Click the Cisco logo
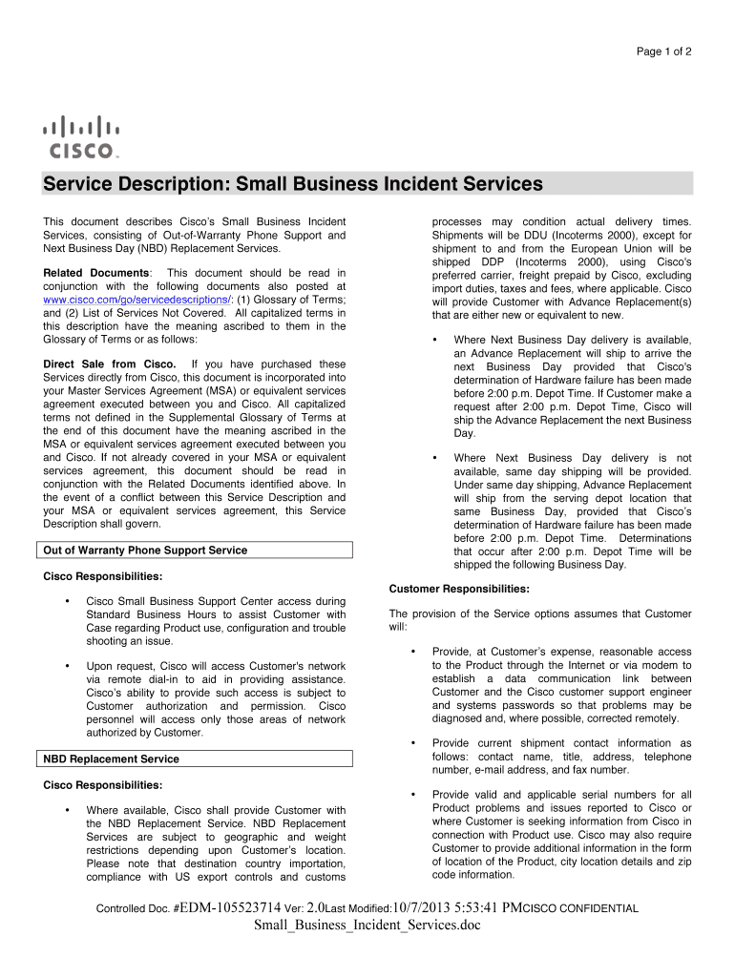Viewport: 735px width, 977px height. point(80,137)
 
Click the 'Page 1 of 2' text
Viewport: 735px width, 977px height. point(664,50)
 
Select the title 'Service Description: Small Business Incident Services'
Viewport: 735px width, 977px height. point(293,184)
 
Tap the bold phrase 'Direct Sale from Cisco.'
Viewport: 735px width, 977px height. point(110,364)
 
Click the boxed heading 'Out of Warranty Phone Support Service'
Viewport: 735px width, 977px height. point(146,551)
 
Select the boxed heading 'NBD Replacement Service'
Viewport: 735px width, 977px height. point(112,759)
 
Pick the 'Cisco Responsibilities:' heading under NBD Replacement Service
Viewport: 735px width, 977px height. point(103,786)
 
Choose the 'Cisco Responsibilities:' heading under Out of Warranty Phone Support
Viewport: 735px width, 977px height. point(103,577)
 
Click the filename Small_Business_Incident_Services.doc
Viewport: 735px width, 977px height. point(367,925)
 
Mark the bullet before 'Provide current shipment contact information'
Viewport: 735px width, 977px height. point(412,743)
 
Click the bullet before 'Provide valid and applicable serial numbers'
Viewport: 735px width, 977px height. point(412,795)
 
